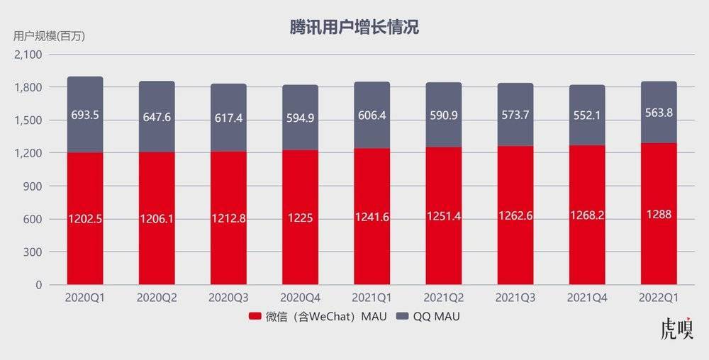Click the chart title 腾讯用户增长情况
click(x=354, y=27)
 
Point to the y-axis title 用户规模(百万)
click(x=49, y=36)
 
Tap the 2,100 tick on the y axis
click(x=29, y=55)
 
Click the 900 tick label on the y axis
click(x=33, y=186)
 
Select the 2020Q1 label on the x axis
click(x=85, y=298)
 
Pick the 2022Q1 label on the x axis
click(x=659, y=298)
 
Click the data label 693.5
click(x=85, y=114)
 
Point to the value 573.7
click(x=515, y=117)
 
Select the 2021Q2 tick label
click(x=444, y=298)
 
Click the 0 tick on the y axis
click(x=39, y=285)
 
